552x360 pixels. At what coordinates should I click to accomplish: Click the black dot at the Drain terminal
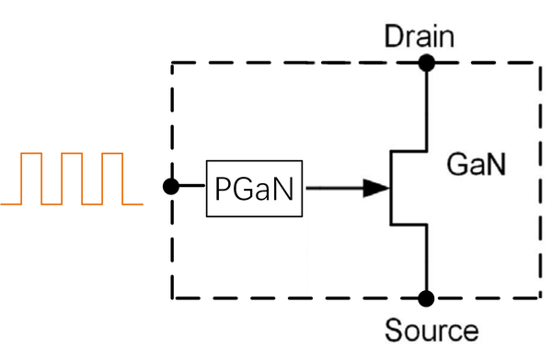[426, 64]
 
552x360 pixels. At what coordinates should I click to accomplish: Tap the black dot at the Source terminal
[426, 298]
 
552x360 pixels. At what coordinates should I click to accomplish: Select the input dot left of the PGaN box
[170, 187]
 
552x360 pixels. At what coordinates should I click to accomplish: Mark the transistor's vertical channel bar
[393, 188]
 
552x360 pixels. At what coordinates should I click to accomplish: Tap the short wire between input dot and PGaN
[190, 187]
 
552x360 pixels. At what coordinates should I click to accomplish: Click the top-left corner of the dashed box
[173, 64]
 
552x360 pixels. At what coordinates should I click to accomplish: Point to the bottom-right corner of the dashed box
[538, 297]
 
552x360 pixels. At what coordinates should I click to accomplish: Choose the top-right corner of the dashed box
[538, 64]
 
